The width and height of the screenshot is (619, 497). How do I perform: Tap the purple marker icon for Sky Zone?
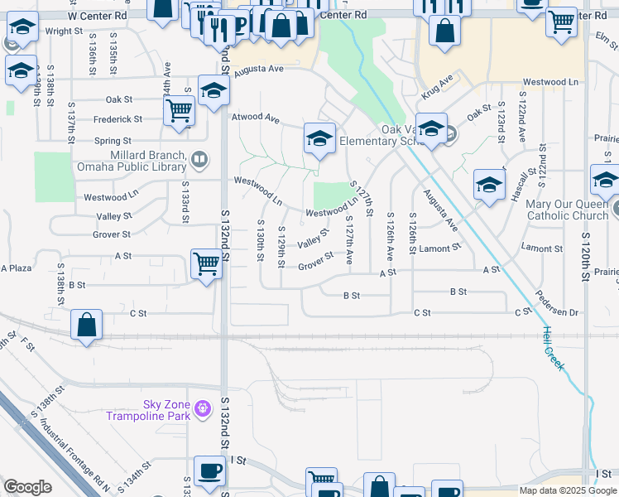click(201, 407)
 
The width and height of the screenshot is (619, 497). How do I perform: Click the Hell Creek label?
click(553, 347)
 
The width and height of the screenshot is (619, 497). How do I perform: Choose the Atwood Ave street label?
click(255, 118)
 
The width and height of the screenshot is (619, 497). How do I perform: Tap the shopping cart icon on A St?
click(206, 264)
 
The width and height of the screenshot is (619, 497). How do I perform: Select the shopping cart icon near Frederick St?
click(179, 109)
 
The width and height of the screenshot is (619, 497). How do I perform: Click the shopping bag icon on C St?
click(87, 325)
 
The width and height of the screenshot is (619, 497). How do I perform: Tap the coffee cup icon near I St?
click(209, 470)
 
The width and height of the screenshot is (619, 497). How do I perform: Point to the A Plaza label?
click(16, 268)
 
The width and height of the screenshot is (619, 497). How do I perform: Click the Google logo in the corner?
click(27, 487)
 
